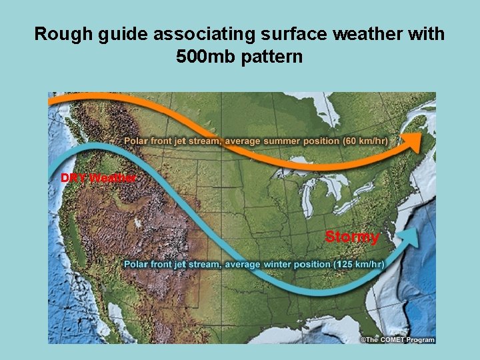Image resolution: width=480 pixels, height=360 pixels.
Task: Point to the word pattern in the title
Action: click(x=273, y=57)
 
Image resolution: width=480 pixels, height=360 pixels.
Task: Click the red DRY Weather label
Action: click(x=99, y=178)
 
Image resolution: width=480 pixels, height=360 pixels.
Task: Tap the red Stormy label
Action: click(x=352, y=237)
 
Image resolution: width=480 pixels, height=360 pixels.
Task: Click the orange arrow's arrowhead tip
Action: click(x=422, y=138)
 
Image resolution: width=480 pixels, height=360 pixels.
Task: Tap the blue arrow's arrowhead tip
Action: click(x=419, y=231)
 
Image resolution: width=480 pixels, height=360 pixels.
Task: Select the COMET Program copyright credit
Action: click(x=398, y=339)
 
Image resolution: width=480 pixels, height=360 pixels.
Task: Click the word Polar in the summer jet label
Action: click(x=137, y=141)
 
